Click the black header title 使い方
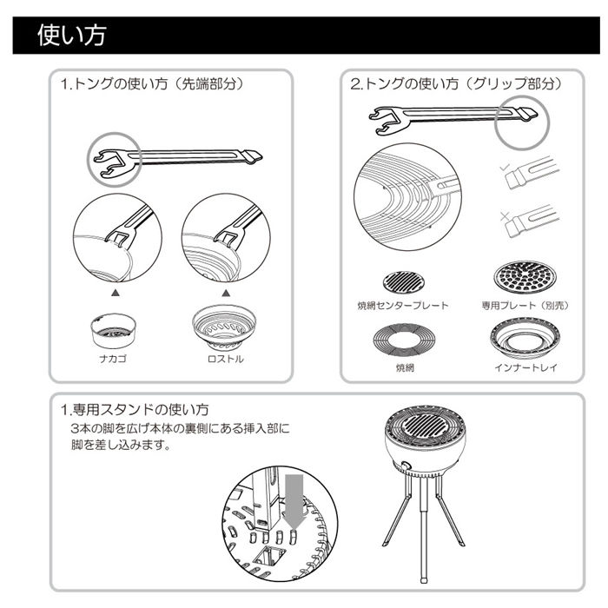(71, 36)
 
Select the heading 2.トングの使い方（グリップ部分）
(455, 86)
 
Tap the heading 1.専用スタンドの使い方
(134, 408)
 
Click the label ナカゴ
(112, 358)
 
